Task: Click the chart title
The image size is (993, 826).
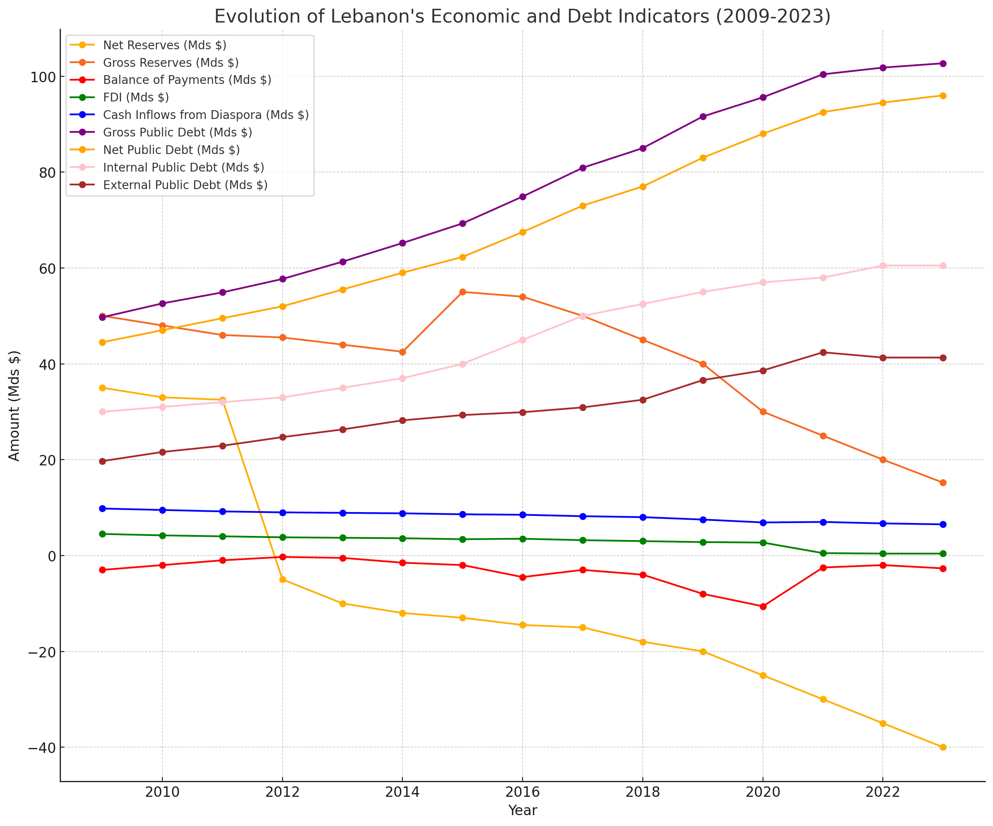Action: (x=522, y=17)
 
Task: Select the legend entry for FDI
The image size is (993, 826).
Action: (x=136, y=97)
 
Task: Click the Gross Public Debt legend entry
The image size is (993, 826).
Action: (x=177, y=132)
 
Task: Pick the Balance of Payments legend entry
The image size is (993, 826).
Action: (x=187, y=80)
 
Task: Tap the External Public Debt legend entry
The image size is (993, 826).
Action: (x=185, y=185)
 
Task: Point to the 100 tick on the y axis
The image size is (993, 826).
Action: (x=43, y=77)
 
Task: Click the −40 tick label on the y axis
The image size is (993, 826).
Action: (x=41, y=748)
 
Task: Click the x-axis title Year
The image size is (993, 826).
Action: (x=522, y=811)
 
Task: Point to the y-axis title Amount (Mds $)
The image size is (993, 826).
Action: (x=15, y=406)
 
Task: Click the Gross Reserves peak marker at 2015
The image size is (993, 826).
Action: (x=462, y=292)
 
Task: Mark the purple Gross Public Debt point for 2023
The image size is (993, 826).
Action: (x=942, y=63)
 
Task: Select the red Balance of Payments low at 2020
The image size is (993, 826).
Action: (x=763, y=606)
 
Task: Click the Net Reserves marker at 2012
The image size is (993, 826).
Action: (x=283, y=580)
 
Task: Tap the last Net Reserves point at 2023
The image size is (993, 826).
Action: (x=942, y=748)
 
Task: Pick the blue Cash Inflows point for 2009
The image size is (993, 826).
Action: (x=102, y=509)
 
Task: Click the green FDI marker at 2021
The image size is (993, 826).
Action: (x=823, y=553)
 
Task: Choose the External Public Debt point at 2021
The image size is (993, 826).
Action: (x=823, y=352)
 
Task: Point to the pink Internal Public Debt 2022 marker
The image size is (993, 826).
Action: (x=882, y=266)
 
